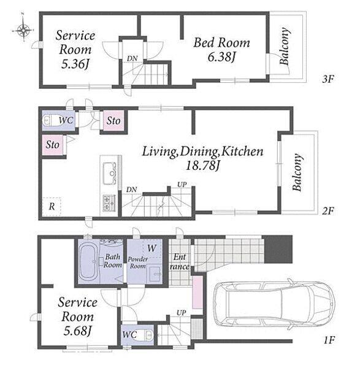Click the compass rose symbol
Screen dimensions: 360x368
pos(23,30)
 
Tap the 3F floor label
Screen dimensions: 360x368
pos(328,79)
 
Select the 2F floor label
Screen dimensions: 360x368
pos(328,211)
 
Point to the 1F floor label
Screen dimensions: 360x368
pos(329,340)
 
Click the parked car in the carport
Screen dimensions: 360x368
pos(274,304)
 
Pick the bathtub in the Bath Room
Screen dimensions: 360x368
pos(88,261)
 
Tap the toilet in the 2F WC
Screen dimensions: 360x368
pos(50,121)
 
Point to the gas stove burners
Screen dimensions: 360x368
pos(109,203)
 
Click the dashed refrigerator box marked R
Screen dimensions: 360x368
pos(52,207)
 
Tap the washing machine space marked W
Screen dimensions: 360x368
pos(152,248)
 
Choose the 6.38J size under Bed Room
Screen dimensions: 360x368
pos(221,57)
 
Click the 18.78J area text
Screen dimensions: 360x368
pos(202,166)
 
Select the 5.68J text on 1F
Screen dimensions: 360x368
pos(77,331)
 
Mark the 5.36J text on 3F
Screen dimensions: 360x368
pos(75,64)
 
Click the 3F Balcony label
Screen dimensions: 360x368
pos(284,46)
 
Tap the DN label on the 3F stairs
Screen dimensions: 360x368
pos(132,58)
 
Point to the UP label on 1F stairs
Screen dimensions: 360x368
pos(181,313)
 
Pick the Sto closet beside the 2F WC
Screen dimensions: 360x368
pos(113,121)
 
